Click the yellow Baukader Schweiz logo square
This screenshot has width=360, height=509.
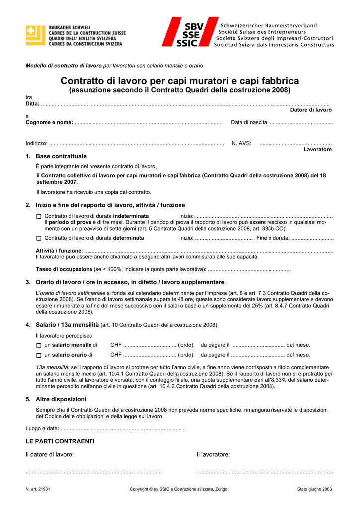pos(35,35)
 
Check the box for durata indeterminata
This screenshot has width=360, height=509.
pos(39,216)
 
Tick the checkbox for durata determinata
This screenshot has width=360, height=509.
pos(39,238)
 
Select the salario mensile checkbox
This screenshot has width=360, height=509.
pos(39,345)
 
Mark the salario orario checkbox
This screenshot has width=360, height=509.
pos(39,355)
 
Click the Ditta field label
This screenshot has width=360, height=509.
pos(32,103)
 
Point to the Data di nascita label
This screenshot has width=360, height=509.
pos(250,122)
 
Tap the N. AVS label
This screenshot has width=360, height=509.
pos(241,143)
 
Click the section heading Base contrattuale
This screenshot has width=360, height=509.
pos(61,156)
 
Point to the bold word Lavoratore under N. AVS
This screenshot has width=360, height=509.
pos(317,149)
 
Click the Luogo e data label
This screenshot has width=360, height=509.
pos(42,428)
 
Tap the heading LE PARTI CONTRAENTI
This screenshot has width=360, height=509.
pos(60,441)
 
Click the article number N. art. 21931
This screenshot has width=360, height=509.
pos(38,489)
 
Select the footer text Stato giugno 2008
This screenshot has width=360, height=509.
pos(314,489)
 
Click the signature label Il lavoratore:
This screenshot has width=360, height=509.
pos(213,454)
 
